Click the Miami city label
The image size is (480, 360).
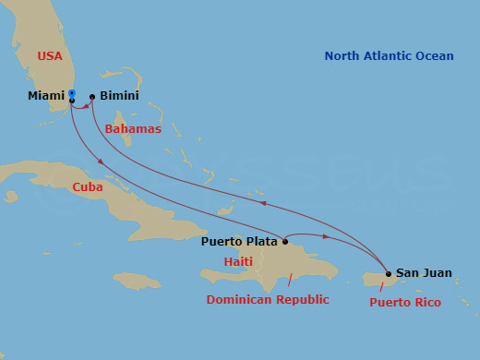click(x=46, y=95)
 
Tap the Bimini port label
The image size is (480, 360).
click(x=118, y=95)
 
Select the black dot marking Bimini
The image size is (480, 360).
click(x=92, y=96)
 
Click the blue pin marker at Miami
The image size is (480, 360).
click(x=72, y=93)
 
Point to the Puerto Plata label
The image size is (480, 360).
click(x=240, y=242)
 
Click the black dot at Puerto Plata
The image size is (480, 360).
click(x=285, y=242)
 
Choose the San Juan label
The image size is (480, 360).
click(x=424, y=272)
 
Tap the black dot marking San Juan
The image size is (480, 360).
click(x=389, y=273)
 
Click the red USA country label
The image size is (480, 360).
click(x=50, y=56)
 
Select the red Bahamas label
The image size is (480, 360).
click(x=133, y=128)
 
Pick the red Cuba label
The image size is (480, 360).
click(x=88, y=187)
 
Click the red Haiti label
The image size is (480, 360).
click(x=238, y=262)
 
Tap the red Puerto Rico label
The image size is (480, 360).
click(x=404, y=302)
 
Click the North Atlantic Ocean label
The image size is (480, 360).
click(x=389, y=56)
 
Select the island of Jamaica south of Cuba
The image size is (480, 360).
click(x=137, y=280)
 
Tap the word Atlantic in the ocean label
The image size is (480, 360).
click(x=389, y=56)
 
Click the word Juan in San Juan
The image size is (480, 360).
click(x=438, y=272)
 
